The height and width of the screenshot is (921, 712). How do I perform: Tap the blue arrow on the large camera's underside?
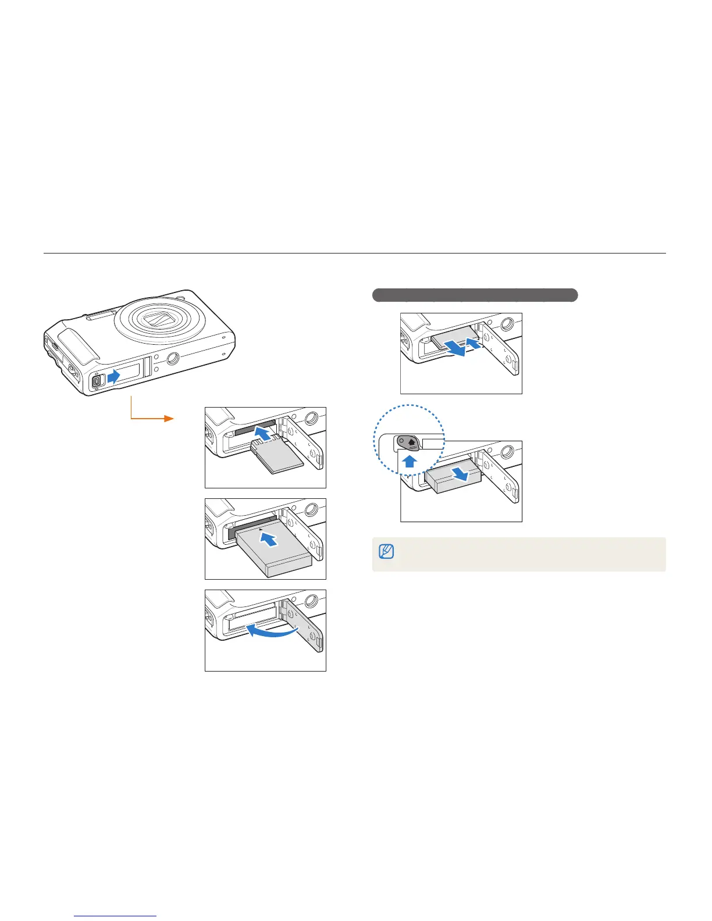pos(113,376)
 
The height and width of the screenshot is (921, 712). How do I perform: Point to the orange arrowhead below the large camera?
pos(169,419)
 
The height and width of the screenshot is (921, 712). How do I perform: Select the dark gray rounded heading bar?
pos(475,295)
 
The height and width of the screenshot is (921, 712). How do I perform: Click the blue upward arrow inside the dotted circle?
pos(410,462)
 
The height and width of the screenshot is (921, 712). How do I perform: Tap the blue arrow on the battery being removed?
pos(463,474)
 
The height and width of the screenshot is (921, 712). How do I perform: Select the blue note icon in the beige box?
pos(386,551)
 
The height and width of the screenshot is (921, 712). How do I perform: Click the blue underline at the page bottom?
pos(116,916)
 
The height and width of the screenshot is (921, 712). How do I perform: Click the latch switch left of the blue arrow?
pos(97,380)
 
